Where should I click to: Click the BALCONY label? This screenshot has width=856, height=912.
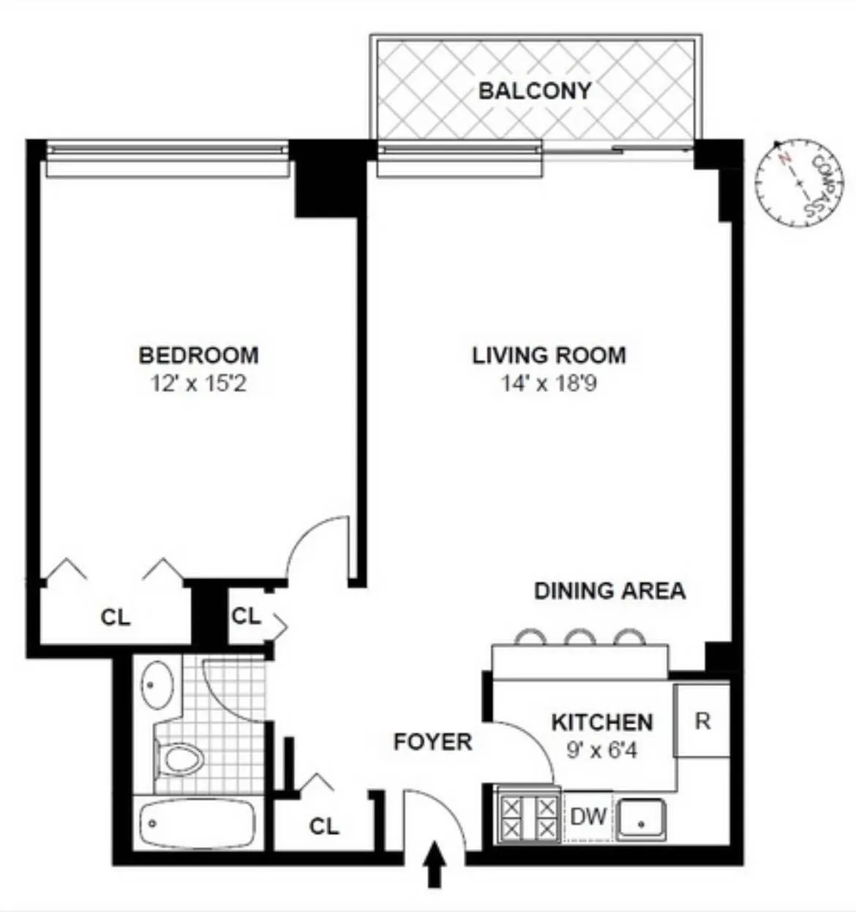pos(534,91)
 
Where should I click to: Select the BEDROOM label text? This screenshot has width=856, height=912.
pos(198,355)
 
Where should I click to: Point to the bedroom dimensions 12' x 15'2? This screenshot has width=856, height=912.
pos(198,382)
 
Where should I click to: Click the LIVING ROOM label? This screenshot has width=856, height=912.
pos(549,355)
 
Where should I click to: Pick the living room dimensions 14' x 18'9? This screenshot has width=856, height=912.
pos(549,382)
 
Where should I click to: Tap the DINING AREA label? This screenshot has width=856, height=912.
pos(609,591)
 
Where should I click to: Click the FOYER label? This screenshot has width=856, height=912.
pos(432,742)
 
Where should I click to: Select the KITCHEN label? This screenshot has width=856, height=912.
pos(601,723)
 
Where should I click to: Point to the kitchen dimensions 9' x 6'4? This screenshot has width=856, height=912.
pos(601,750)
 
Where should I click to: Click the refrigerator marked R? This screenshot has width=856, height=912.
pos(702,721)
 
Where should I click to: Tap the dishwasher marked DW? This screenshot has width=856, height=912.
pos(588,816)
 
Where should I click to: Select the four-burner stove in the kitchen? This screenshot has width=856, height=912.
pos(527,817)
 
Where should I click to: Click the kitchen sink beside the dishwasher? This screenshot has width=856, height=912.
pos(641,819)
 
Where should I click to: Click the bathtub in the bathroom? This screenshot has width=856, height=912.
pos(197,824)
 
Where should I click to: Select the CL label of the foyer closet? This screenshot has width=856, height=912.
pos(323,826)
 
